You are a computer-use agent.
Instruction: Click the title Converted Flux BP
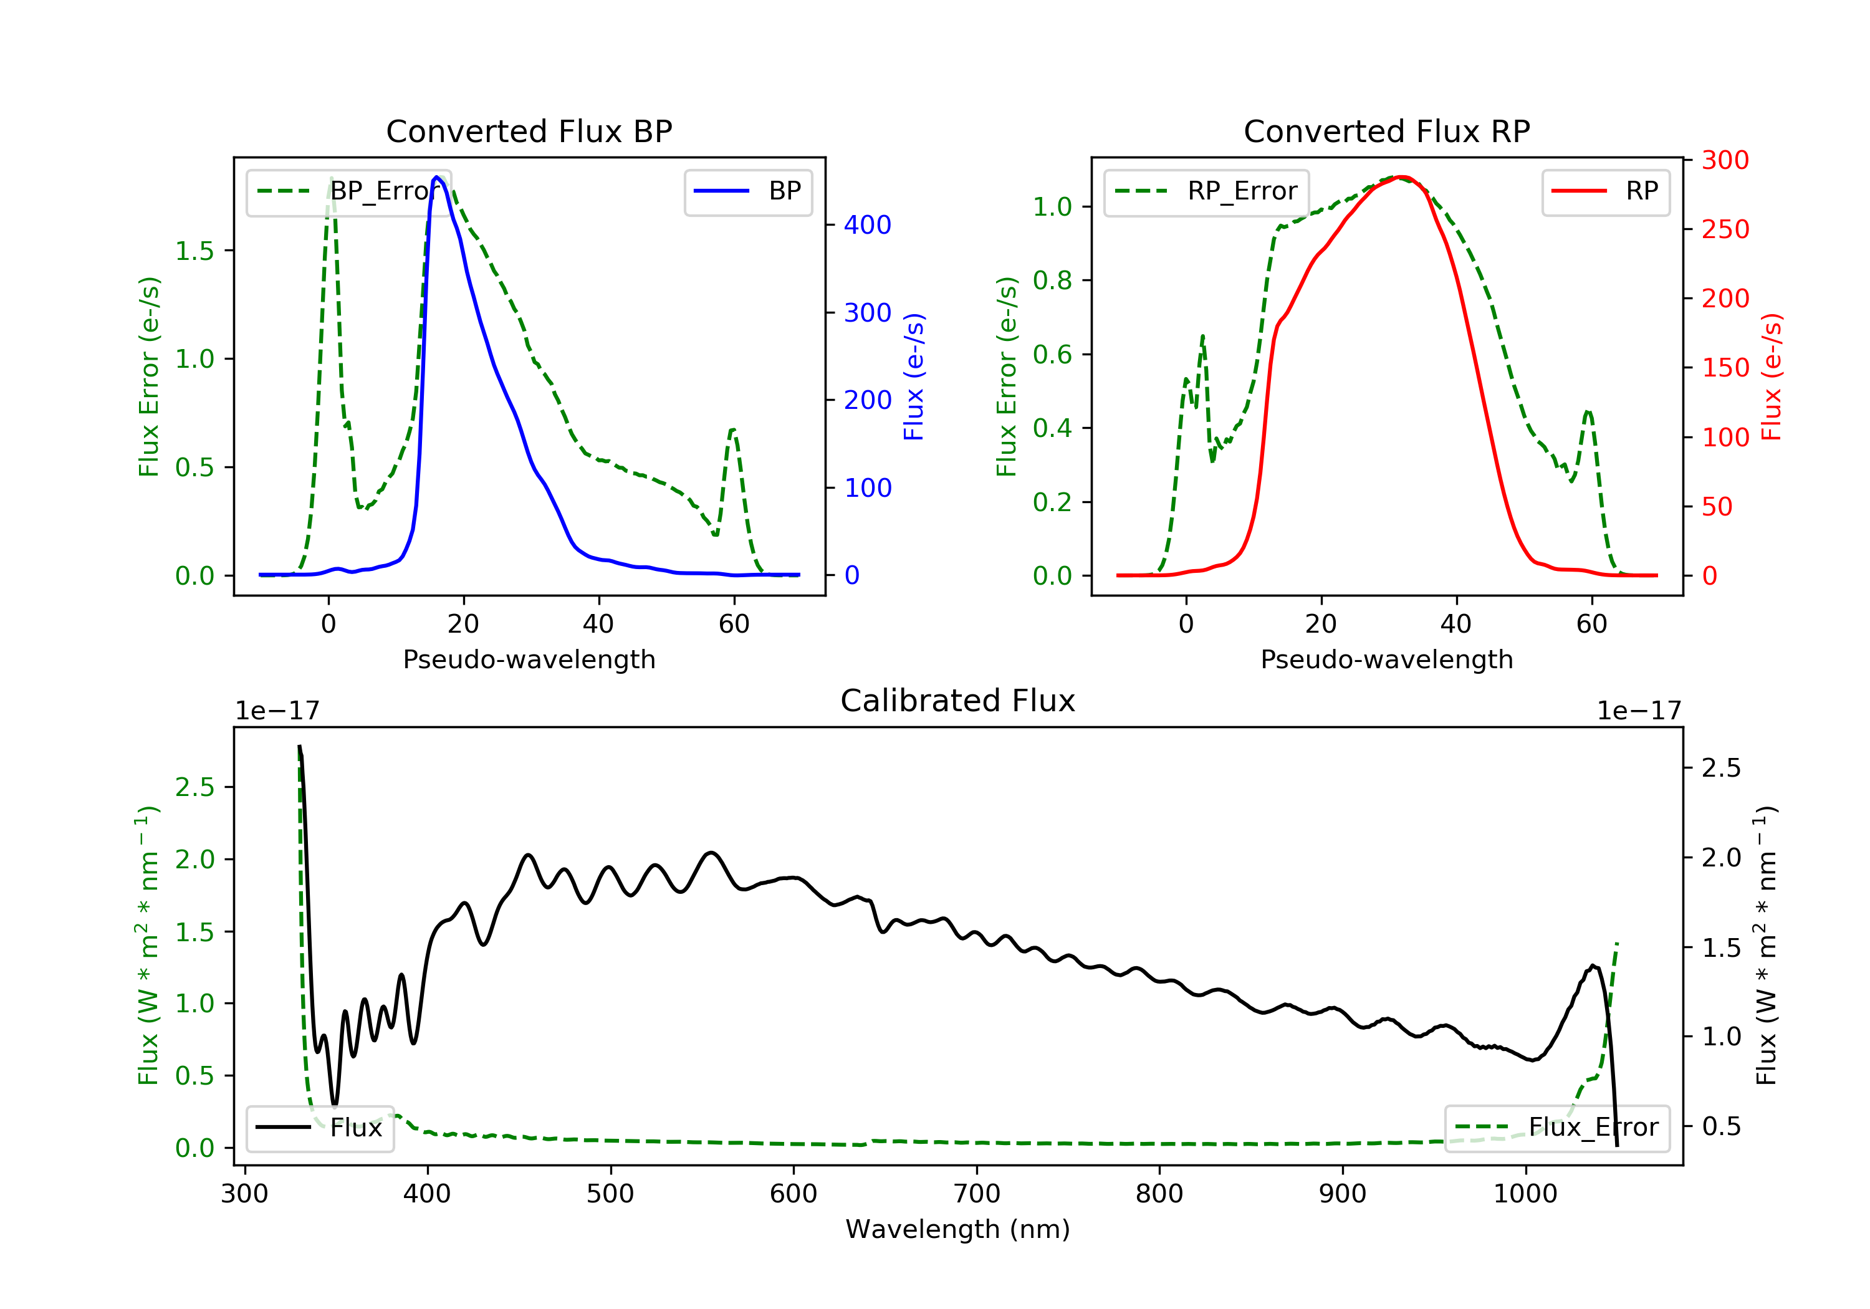(x=529, y=131)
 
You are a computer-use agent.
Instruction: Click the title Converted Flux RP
(x=1386, y=131)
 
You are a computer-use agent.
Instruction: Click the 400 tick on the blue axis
(x=868, y=225)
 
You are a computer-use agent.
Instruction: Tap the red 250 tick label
(x=1725, y=230)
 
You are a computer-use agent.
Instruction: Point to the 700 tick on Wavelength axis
(x=977, y=1194)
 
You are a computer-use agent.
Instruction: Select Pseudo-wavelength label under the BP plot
(x=529, y=659)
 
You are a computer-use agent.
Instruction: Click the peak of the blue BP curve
(x=438, y=177)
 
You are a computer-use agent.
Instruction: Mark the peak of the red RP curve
(x=1401, y=177)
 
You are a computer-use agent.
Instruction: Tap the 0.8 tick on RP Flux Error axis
(x=1052, y=280)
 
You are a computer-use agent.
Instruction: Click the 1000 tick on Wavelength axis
(x=1525, y=1194)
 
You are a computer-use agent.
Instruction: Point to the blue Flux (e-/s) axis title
(x=914, y=376)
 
